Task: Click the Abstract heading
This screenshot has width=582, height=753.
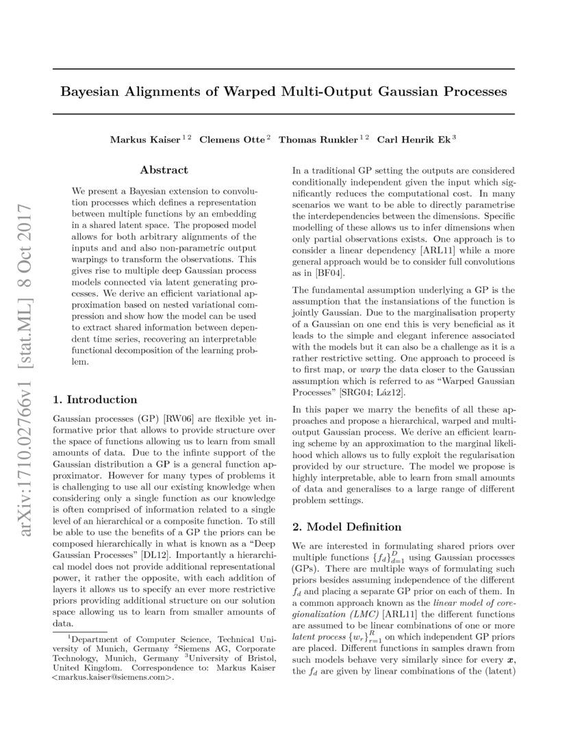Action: click(164, 170)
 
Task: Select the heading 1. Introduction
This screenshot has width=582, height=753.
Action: click(95, 400)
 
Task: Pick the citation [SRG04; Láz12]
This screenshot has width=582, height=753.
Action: click(374, 392)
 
